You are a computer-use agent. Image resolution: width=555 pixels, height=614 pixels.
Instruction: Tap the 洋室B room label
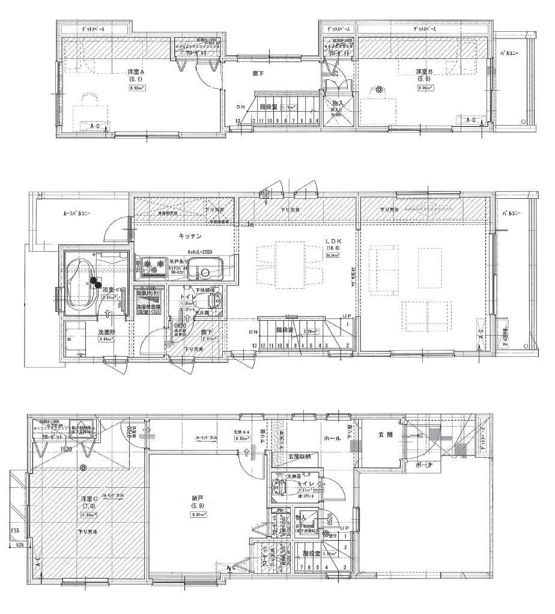pos(424,71)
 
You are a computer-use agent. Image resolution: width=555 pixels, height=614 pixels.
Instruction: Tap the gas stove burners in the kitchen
pos(155,264)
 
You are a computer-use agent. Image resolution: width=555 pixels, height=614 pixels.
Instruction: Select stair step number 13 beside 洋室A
pos(238,121)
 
